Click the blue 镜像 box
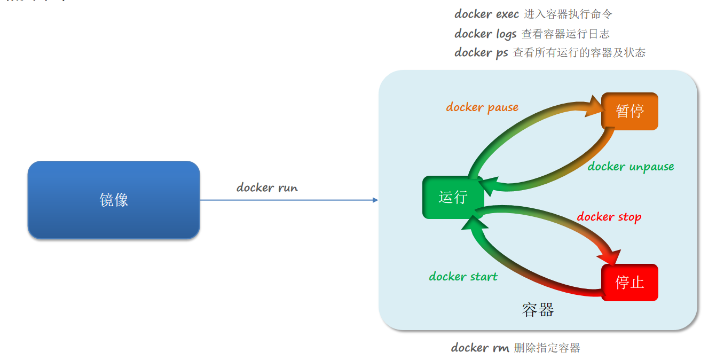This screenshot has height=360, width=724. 114,200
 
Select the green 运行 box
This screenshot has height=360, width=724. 453,197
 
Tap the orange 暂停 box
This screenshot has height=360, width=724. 629,111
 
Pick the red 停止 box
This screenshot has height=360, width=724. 629,283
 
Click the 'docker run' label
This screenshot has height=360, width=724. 267,187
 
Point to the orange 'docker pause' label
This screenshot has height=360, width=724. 482,107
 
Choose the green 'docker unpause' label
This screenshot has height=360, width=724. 631,167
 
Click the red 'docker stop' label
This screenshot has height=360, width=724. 609,217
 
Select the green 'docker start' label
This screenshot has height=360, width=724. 463,277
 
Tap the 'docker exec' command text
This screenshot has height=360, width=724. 487,14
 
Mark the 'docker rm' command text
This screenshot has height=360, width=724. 480,348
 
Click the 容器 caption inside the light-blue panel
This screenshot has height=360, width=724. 538,310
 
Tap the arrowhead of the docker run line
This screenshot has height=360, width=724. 375,200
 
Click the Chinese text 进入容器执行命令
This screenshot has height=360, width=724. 568,14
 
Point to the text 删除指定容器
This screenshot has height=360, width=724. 547,348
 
